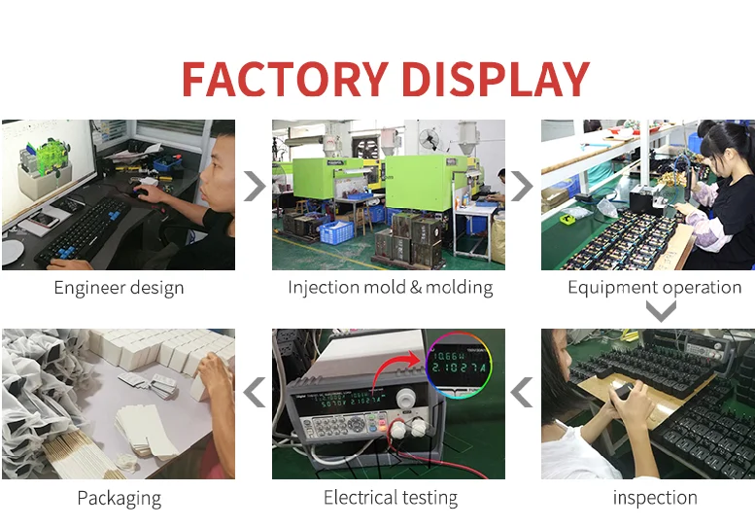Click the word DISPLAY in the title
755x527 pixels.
[496, 79]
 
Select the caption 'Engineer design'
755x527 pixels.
[119, 288]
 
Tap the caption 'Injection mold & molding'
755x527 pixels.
[390, 288]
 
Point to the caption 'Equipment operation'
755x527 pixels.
[654, 288]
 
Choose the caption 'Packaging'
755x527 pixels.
[119, 499]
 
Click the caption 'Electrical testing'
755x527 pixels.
[390, 499]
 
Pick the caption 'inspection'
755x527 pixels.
[654, 499]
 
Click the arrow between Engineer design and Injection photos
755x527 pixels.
[254, 186]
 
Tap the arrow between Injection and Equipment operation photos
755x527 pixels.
[523, 186]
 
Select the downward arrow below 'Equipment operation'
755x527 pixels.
[661, 311]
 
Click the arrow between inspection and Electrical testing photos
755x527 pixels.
[523, 394]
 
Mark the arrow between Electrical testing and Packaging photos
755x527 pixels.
[254, 394]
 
